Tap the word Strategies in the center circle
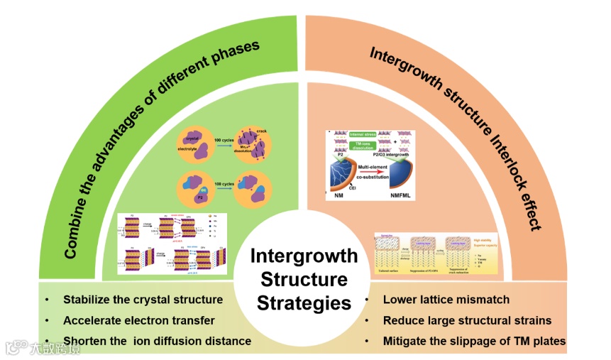[x=303, y=303]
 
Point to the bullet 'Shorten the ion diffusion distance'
[x=157, y=341]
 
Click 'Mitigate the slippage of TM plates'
[x=474, y=341]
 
